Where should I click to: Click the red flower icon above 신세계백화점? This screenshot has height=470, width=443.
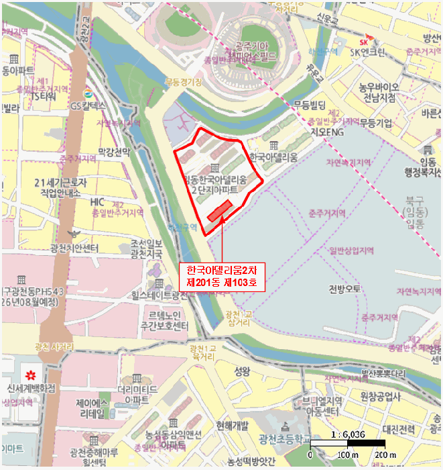click(x=29, y=373)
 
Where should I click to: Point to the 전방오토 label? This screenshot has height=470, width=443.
click(x=345, y=289)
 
